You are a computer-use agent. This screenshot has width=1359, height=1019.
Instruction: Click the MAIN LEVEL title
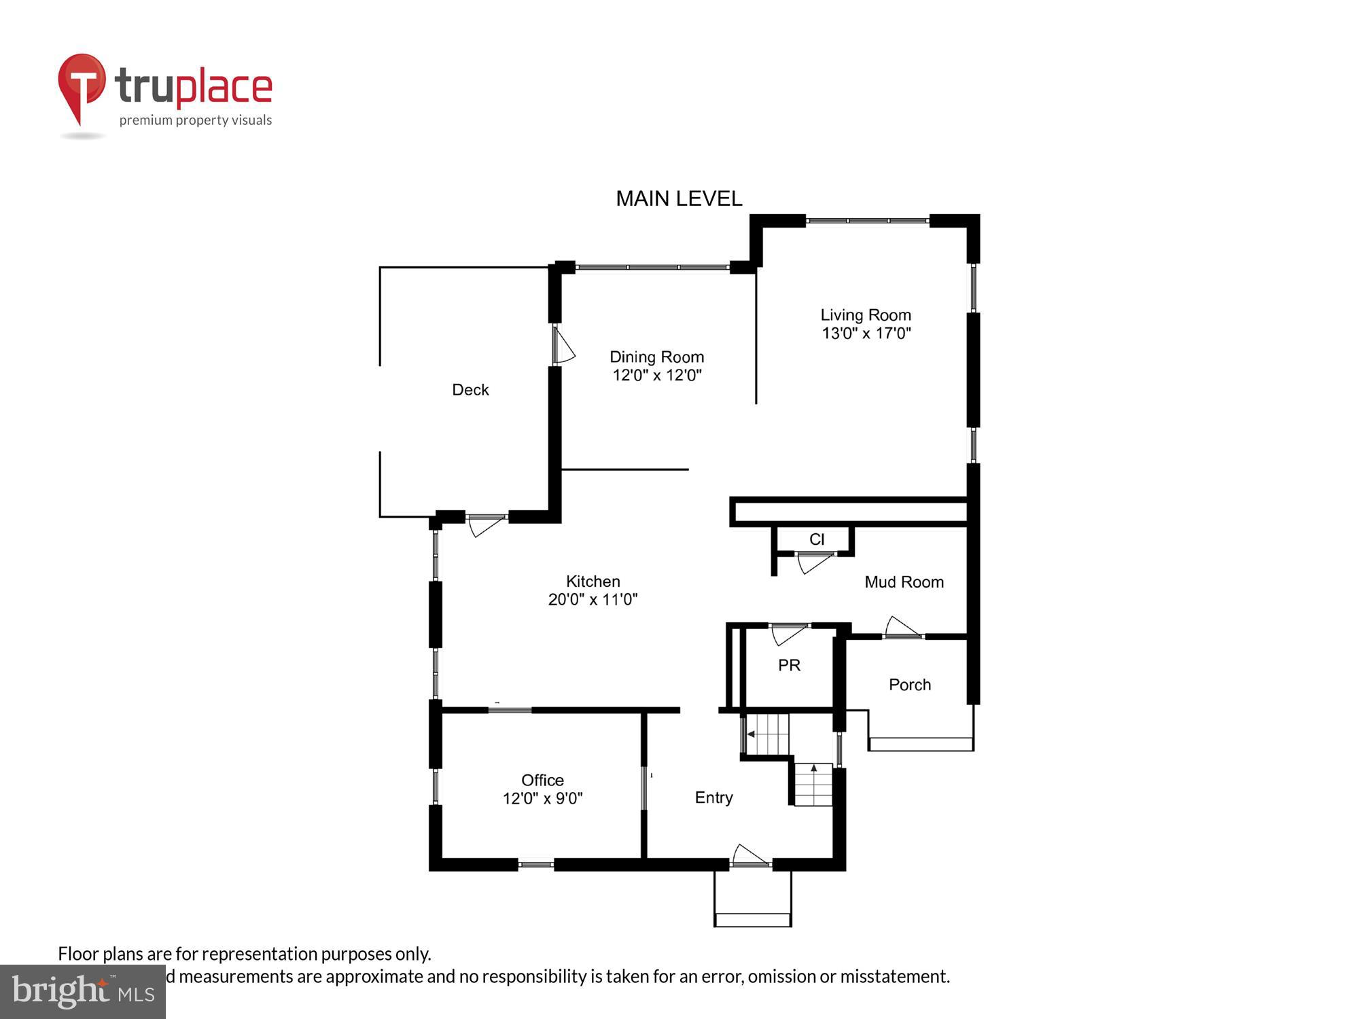point(678,198)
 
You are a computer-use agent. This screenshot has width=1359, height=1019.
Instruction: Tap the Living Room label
point(865,315)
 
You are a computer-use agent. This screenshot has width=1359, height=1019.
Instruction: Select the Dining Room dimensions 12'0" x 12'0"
point(656,375)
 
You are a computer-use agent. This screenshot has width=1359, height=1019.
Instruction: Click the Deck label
point(470,390)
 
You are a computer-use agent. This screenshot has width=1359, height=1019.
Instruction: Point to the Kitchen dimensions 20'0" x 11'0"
point(593,599)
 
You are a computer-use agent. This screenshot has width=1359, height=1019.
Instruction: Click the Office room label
point(542,780)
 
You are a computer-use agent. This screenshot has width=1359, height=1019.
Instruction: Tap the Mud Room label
point(904,582)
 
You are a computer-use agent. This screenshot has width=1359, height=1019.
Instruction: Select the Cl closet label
point(817,539)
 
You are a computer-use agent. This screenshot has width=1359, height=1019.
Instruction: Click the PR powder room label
point(789,666)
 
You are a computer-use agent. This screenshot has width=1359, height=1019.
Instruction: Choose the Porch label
point(909,685)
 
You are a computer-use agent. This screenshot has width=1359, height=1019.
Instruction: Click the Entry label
point(713,798)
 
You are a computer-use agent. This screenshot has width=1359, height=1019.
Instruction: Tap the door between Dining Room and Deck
point(563,346)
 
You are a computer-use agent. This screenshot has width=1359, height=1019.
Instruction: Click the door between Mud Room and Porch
point(902,627)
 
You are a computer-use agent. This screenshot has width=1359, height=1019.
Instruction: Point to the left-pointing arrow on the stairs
point(751,734)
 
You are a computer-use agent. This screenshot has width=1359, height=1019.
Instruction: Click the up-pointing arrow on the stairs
point(814,768)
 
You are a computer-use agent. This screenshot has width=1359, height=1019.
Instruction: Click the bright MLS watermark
point(83,992)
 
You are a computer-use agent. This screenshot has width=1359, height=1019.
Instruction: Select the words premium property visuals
point(196,121)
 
